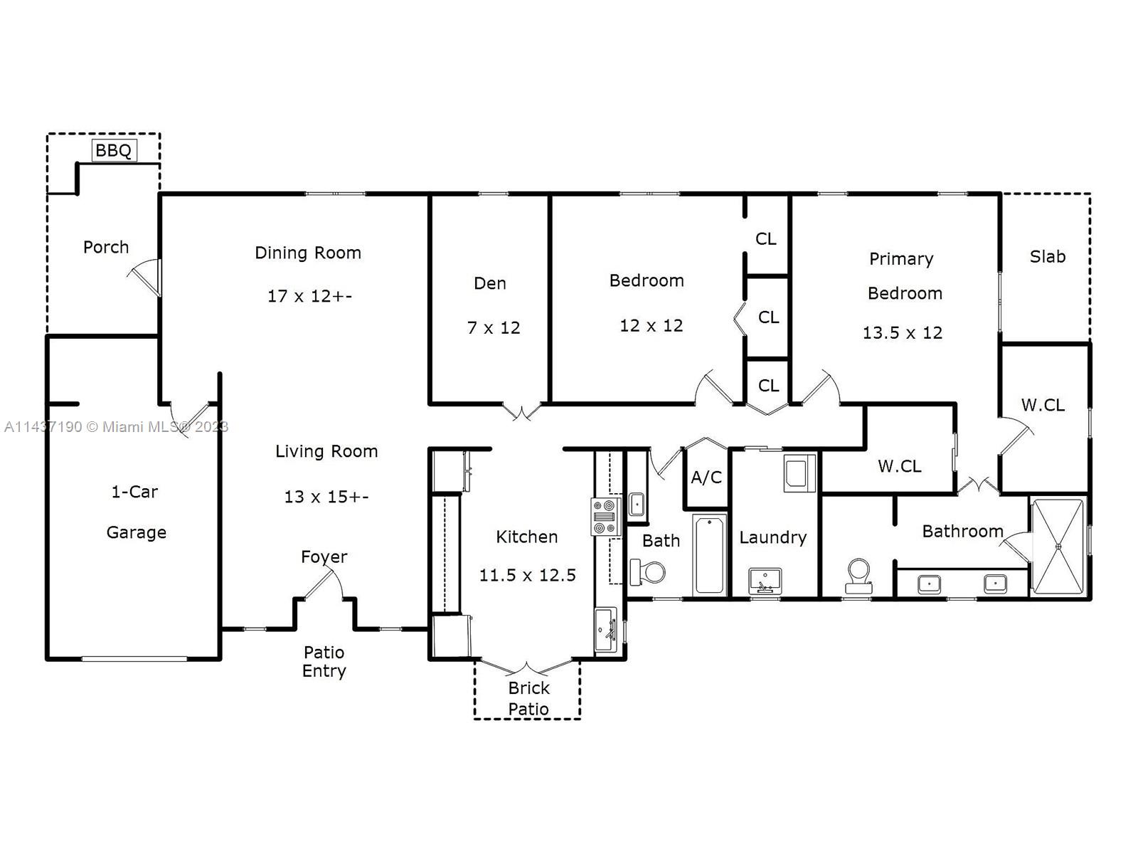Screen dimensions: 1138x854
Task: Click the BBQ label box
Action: coord(114,150)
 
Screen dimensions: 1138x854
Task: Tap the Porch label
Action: coord(106,247)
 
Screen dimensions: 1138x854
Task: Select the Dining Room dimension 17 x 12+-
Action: coord(309,296)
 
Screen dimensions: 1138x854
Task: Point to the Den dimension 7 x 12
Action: coord(493,327)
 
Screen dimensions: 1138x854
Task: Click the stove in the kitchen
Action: coord(605,517)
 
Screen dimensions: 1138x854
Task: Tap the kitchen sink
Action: coord(605,630)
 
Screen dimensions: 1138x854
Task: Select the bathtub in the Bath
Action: coord(709,554)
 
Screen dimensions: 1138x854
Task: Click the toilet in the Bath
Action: coord(647,572)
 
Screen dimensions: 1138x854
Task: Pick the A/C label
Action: coord(706,477)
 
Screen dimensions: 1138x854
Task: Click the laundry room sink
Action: coord(765,581)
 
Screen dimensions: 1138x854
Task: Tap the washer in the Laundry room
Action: coord(799,473)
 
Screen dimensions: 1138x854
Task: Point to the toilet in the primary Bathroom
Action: coord(858,576)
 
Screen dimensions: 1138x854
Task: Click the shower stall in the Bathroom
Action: coord(1058,547)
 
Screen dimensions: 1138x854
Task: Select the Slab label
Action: coord(1047,256)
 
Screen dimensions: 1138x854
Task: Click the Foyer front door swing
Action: coord(323,584)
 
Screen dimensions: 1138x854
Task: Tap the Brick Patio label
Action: coord(528,698)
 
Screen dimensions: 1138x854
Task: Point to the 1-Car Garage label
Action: coord(136,512)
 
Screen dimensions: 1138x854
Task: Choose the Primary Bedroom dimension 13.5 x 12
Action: coord(902,332)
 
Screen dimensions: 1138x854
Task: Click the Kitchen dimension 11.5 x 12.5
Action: coord(527,575)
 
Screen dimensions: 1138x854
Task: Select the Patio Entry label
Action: coord(324,661)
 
